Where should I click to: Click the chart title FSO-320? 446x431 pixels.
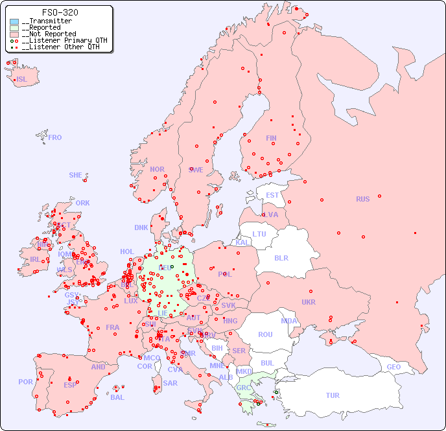[60, 12]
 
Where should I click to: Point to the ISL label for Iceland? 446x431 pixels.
[21, 80]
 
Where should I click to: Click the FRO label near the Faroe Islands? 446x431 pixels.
[55, 137]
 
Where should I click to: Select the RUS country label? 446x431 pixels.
[362, 199]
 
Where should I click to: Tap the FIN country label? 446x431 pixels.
[271, 138]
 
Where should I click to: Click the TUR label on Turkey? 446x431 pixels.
[333, 395]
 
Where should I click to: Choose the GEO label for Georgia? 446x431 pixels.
[393, 367]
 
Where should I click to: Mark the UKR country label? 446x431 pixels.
[309, 302]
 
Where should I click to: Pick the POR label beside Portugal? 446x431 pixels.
[25, 382]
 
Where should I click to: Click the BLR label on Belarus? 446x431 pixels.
[281, 257]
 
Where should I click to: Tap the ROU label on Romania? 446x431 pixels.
[265, 334]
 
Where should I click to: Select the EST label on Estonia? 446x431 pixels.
[272, 195]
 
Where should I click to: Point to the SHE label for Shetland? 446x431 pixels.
[76, 175]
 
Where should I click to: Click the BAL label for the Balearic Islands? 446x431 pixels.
[117, 397]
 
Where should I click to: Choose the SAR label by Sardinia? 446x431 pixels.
[170, 383]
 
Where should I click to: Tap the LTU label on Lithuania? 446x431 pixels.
[259, 234]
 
